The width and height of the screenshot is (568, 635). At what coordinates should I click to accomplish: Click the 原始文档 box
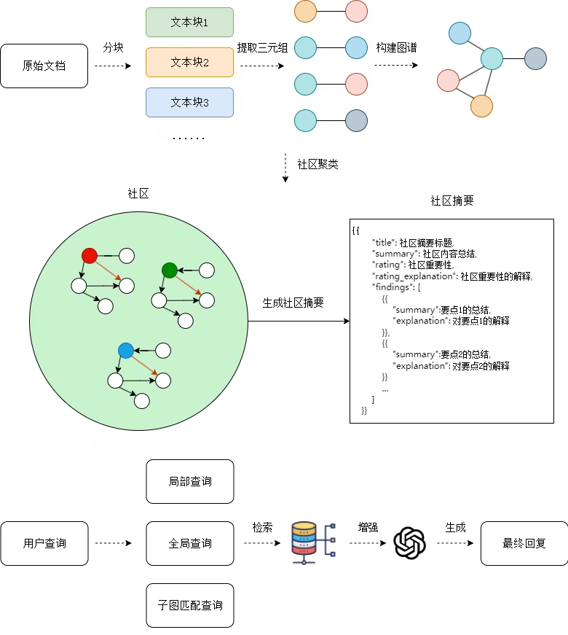[x=44, y=66]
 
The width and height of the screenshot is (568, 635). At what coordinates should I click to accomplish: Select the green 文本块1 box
[x=189, y=23]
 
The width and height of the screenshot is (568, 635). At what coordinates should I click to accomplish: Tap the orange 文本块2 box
[x=189, y=63]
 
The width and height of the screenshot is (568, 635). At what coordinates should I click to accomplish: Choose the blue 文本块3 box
[x=189, y=103]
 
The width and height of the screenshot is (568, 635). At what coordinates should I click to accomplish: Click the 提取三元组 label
[x=262, y=48]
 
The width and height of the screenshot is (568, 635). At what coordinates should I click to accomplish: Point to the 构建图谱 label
[x=396, y=48]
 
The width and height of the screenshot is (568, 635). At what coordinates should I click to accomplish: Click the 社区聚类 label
[x=317, y=164]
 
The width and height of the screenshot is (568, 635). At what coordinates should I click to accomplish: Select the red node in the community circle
[x=89, y=255]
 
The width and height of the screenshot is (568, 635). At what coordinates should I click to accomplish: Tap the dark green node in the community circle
[x=169, y=270]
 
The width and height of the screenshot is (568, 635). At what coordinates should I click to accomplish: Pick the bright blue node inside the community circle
[x=125, y=351]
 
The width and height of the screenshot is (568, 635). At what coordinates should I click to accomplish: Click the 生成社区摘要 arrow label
[x=293, y=303]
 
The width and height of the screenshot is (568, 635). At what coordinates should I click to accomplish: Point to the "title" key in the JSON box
[x=383, y=242]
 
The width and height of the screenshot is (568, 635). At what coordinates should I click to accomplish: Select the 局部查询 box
[x=190, y=481]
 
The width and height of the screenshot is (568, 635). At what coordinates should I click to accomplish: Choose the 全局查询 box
[x=190, y=543]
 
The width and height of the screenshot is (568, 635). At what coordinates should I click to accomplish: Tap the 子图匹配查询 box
[x=190, y=605]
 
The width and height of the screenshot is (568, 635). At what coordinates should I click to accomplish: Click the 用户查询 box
[x=44, y=543]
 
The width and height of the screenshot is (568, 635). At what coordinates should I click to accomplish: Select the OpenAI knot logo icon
[x=409, y=543]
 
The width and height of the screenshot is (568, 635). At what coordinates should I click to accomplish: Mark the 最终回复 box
[x=524, y=543]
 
